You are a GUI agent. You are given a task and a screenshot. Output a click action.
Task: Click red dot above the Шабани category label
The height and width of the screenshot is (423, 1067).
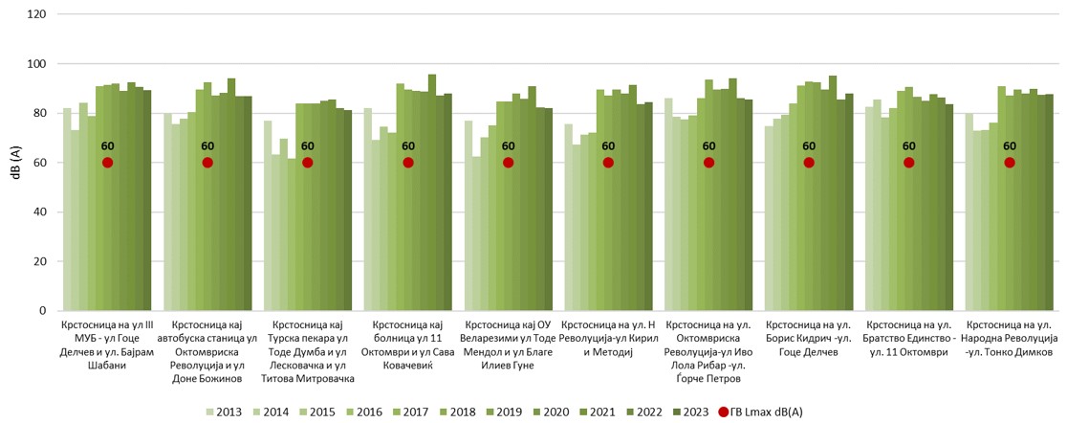click(107, 163)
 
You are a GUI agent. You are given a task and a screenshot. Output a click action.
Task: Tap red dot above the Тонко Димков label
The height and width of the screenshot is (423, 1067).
click(1009, 163)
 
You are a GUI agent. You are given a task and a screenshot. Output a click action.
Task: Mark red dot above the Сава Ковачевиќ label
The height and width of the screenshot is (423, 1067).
click(408, 163)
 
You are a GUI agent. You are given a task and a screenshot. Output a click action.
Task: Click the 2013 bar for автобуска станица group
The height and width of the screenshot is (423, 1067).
click(167, 211)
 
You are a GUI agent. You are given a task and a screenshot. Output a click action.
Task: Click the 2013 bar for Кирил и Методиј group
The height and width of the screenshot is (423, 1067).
click(568, 217)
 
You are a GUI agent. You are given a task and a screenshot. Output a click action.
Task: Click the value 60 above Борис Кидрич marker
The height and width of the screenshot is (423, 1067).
click(809, 146)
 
